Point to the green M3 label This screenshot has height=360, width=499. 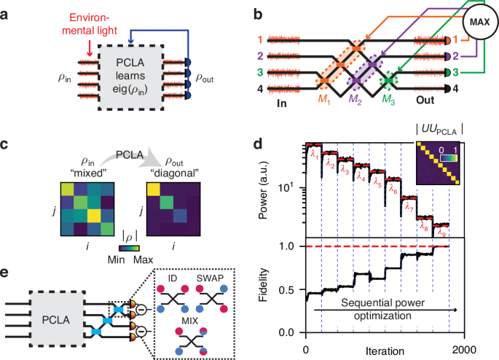click(x=394, y=100)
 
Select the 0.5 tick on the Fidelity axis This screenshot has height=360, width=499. click(x=294, y=289)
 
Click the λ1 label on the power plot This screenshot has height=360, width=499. click(x=313, y=153)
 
